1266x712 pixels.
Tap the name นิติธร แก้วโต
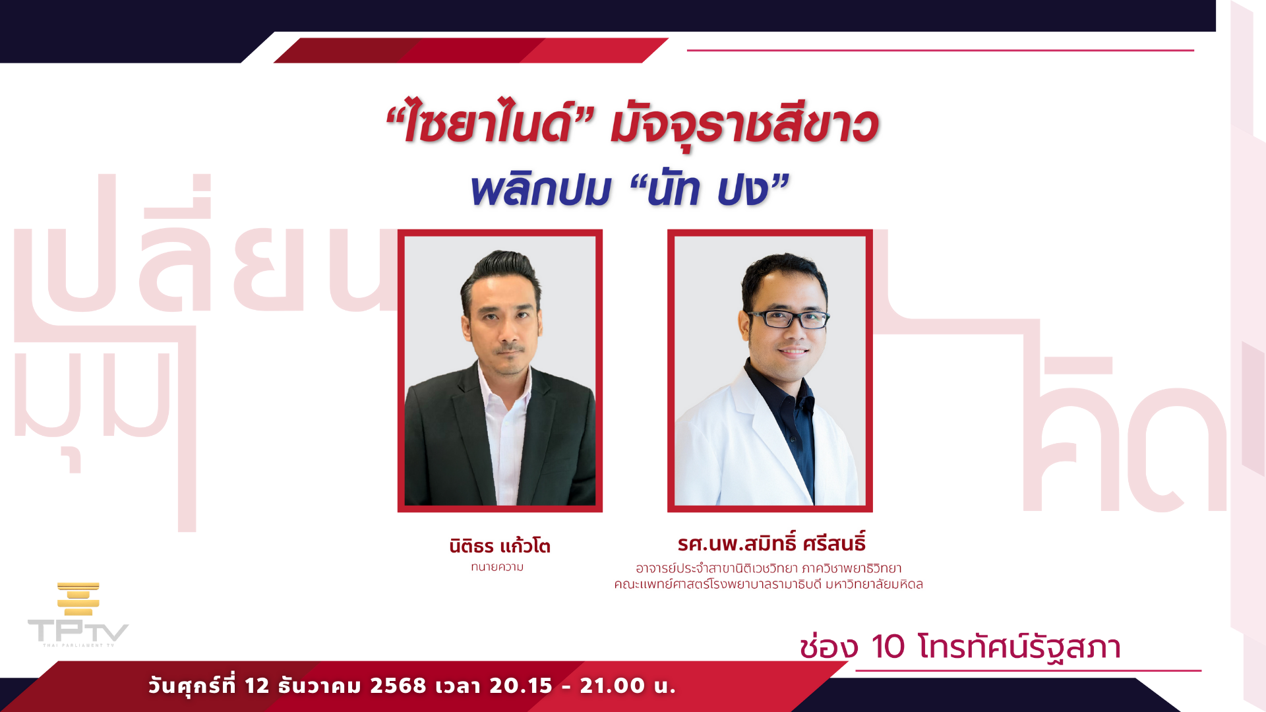pyautogui.click(x=500, y=546)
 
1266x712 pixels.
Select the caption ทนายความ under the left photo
pyautogui.click(x=497, y=567)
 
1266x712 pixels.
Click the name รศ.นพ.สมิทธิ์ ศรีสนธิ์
pyautogui.click(x=771, y=543)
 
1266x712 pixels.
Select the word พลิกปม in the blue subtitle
pyautogui.click(x=541, y=190)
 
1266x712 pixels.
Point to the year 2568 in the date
pyautogui.click(x=398, y=686)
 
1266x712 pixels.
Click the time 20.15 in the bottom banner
pyautogui.click(x=521, y=686)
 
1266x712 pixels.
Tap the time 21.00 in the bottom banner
pyautogui.click(x=612, y=686)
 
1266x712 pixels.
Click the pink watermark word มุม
pyautogui.click(x=92, y=402)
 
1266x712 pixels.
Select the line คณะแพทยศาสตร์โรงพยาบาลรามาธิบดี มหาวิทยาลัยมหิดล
pyautogui.click(x=768, y=584)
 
